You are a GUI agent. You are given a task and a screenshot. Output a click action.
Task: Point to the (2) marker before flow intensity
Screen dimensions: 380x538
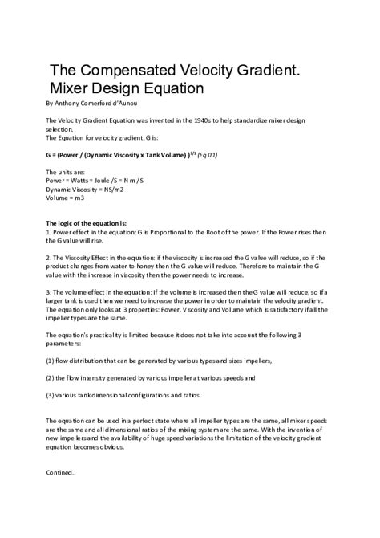50,377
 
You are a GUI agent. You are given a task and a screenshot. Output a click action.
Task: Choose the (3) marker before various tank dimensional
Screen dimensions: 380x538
50,394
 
